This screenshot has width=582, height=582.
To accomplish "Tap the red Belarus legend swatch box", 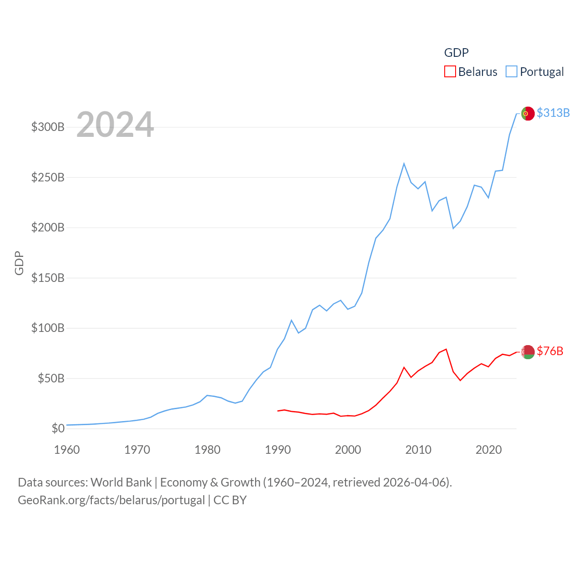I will click(x=450, y=71).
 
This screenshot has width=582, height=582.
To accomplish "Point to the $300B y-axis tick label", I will click(x=48, y=127).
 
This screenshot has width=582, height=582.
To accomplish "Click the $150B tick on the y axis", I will click(x=48, y=278).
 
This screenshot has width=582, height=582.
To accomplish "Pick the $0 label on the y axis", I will click(x=58, y=428).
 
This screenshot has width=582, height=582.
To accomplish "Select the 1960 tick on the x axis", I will click(x=67, y=450).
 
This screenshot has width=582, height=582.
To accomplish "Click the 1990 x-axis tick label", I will click(x=277, y=450).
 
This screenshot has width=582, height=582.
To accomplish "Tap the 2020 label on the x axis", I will click(x=488, y=450).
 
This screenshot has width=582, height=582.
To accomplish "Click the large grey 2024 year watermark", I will click(x=115, y=125).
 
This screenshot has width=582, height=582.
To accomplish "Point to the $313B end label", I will click(x=553, y=113).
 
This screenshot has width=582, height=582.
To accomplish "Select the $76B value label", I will click(x=550, y=351).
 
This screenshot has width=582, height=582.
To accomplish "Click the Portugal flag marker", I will click(x=527, y=113).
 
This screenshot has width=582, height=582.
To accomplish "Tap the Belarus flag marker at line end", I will click(x=527, y=352).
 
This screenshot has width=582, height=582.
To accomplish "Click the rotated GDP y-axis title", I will click(x=19, y=263).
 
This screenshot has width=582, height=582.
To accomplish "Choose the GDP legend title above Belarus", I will click(x=456, y=53).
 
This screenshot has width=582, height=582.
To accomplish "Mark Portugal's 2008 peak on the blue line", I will click(x=404, y=164).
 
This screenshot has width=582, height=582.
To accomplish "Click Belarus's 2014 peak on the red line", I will click(x=446, y=349).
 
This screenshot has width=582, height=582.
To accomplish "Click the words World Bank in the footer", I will click(x=121, y=482).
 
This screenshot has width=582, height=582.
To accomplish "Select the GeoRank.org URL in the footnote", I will click(x=111, y=500).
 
